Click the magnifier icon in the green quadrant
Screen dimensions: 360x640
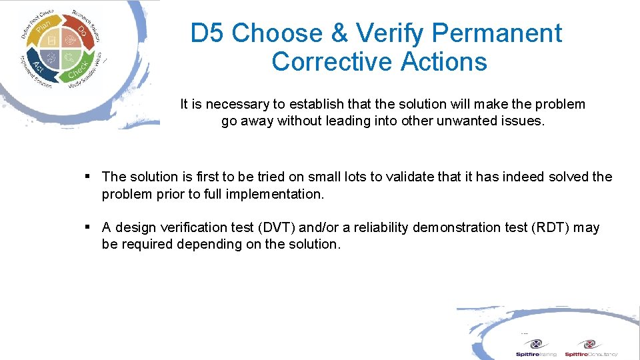point(69,59)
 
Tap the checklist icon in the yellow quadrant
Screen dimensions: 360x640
point(52,41)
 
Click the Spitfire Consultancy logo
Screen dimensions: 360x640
point(590,347)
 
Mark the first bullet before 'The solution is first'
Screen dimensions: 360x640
point(88,177)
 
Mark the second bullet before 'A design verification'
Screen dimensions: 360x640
point(88,227)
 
